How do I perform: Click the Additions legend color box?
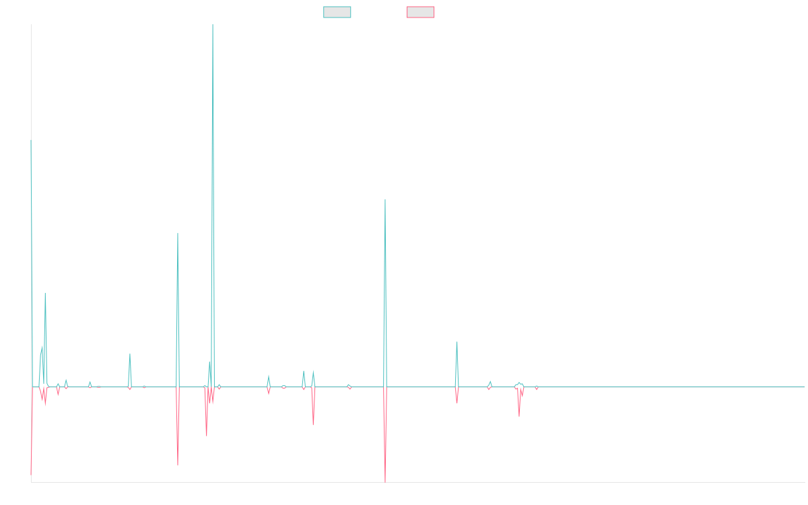pos(337,12)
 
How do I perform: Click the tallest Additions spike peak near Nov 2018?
pos(213,26)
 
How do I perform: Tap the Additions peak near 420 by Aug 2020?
pos(385,200)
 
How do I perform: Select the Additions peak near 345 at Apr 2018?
pos(177,234)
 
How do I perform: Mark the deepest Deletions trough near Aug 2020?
pos(385,481)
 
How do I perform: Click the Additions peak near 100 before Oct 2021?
pos(457,342)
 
